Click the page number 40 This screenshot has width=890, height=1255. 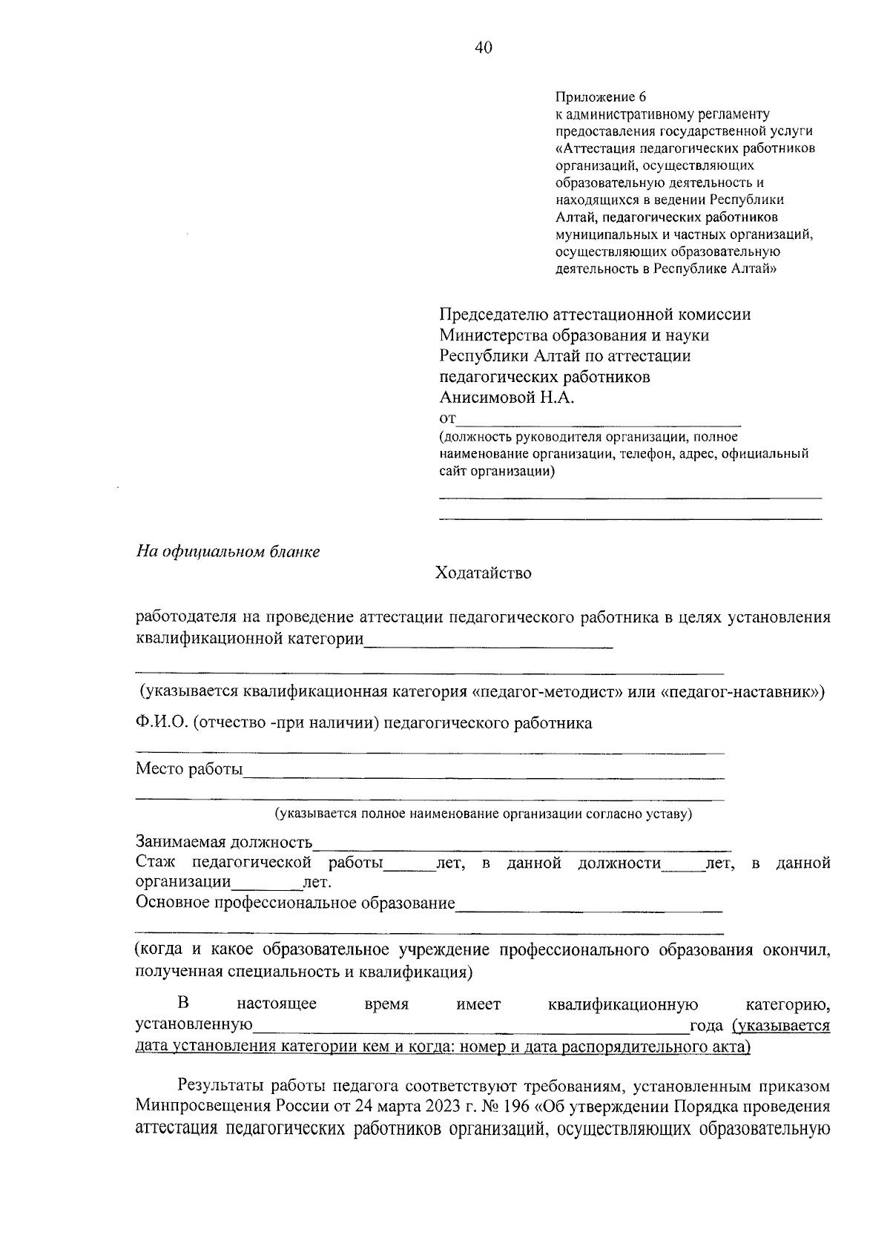click(x=483, y=48)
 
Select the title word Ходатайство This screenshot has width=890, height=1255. click(x=483, y=573)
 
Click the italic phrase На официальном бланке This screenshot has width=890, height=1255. click(x=228, y=553)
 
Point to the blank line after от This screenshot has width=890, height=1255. click(x=599, y=419)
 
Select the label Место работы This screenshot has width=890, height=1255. click(x=189, y=769)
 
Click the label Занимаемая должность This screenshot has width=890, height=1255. click(x=224, y=843)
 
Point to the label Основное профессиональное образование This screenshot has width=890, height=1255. click(x=295, y=903)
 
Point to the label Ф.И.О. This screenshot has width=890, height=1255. click(x=162, y=723)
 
